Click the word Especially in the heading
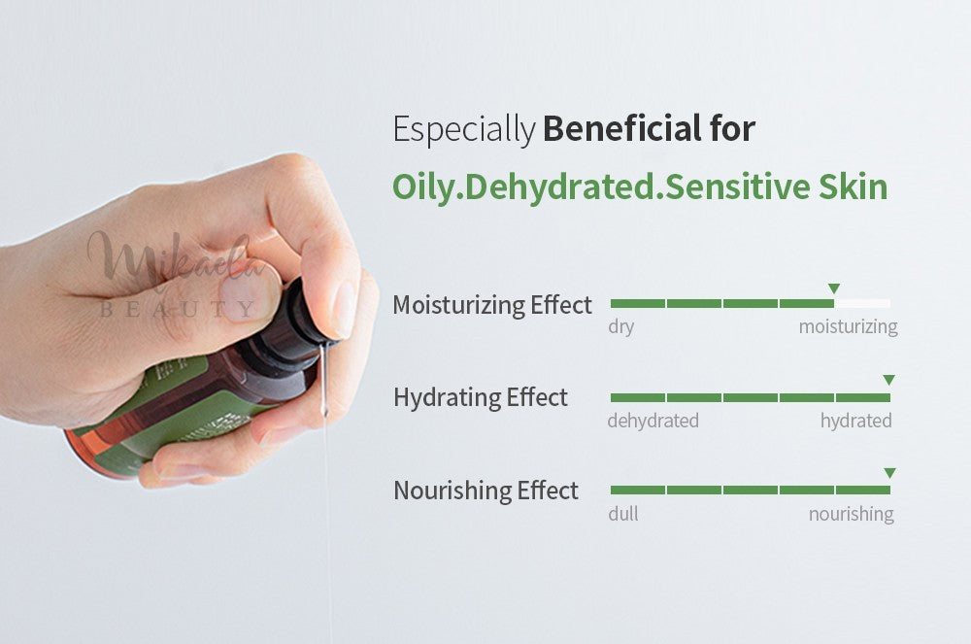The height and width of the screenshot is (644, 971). (464, 130)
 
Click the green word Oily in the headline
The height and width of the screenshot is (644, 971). (423, 187)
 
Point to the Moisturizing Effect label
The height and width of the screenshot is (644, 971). (492, 305)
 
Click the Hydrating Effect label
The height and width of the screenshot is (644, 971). (481, 397)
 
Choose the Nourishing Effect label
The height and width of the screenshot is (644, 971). (486, 491)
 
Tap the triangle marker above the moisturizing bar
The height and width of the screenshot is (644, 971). (834, 288)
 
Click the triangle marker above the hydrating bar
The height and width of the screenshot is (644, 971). (888, 380)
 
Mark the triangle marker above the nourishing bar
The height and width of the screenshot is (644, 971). (889, 473)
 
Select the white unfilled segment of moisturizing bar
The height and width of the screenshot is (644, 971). (862, 303)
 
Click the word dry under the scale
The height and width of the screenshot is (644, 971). (621, 326)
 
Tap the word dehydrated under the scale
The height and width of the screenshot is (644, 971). (653, 421)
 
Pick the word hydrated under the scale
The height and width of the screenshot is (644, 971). (855, 421)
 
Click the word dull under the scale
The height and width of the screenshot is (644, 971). (623, 513)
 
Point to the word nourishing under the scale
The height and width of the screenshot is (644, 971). (851, 514)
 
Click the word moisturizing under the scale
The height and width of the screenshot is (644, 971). (848, 326)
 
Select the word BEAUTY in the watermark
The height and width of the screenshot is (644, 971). (179, 308)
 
